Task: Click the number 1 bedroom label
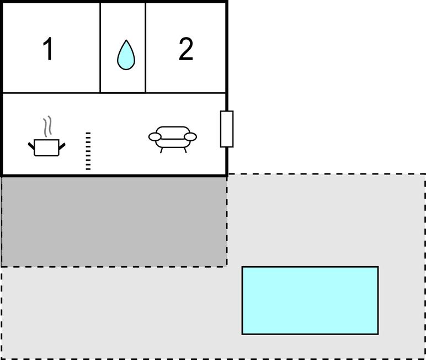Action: pos(48,49)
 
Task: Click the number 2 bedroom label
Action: pos(186,49)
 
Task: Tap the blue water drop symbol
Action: pos(126,55)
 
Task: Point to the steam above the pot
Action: pos(47,126)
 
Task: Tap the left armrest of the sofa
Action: pos(155,137)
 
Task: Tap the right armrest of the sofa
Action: pos(190,137)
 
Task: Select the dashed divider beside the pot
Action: pos(88,151)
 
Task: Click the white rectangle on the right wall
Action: pos(227,129)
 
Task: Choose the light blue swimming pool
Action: pos(310,300)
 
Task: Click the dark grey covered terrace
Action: pos(114,221)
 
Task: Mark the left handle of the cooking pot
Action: pos(31,146)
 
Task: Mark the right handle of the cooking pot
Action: pos(62,146)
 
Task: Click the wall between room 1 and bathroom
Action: pos(100,47)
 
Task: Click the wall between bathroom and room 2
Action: pos(146,47)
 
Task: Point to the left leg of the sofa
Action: pos(161,150)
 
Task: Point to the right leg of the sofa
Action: pos(185,150)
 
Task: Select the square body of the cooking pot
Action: pos(46,147)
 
